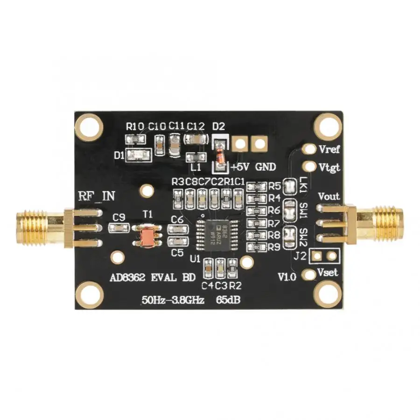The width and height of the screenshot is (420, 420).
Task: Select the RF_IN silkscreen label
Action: [x=96, y=196]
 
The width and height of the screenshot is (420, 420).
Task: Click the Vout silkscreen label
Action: [x=329, y=196]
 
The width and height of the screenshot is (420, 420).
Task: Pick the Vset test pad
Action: [x=308, y=274]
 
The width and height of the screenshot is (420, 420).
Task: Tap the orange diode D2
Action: [x=219, y=154]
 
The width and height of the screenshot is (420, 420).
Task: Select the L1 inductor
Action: [x=196, y=156]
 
